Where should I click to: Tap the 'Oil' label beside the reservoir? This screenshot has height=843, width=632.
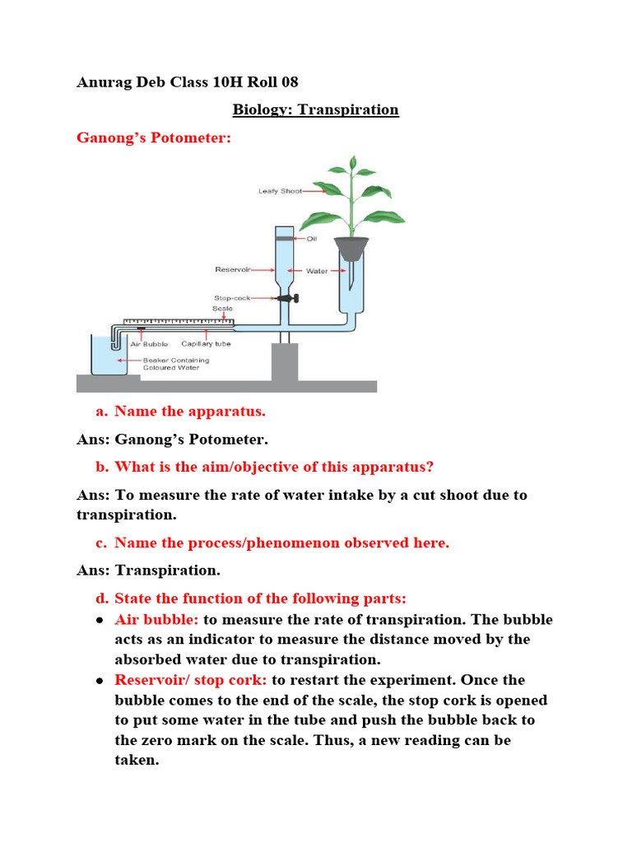pyautogui.click(x=311, y=239)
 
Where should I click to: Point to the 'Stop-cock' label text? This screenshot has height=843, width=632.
pyautogui.click(x=232, y=298)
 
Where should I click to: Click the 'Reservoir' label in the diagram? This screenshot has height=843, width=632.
pyautogui.click(x=232, y=269)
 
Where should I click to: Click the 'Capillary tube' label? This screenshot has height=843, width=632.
pyautogui.click(x=206, y=344)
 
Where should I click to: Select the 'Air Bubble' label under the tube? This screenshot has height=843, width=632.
pyautogui.click(x=150, y=344)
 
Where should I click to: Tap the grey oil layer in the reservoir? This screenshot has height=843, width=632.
pyautogui.click(x=285, y=239)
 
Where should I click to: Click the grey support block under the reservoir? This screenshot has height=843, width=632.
pyautogui.click(x=284, y=362)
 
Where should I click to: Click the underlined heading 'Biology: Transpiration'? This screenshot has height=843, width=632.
pyautogui.click(x=316, y=109)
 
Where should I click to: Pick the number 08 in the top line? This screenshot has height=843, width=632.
pyautogui.click(x=289, y=82)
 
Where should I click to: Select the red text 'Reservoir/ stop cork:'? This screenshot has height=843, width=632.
pyautogui.click(x=191, y=680)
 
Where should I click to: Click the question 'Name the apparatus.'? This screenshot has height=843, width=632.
pyautogui.click(x=190, y=411)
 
